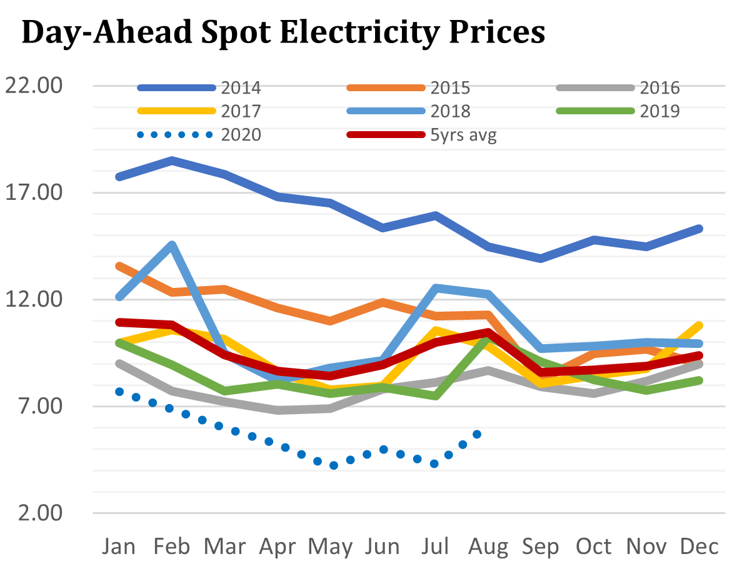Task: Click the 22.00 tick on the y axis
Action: tap(34, 86)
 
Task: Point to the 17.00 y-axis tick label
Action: tap(34, 192)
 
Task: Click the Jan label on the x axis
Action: tap(119, 547)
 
